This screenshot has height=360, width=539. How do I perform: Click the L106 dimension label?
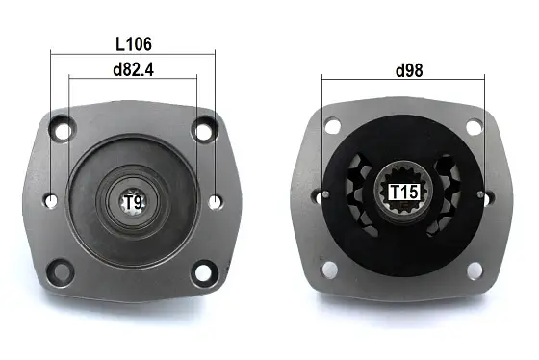tap(132, 43)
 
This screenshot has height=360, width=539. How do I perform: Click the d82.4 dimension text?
tap(132, 69)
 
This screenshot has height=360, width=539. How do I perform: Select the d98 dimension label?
tap(409, 69)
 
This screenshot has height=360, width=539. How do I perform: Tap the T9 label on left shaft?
tap(133, 202)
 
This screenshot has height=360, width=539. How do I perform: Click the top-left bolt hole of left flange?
tap(64, 127)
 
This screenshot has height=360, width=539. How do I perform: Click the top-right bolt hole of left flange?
tap(203, 128)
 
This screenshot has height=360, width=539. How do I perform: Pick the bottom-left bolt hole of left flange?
tap(63, 270)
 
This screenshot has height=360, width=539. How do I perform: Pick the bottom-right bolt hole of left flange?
tap(202, 270)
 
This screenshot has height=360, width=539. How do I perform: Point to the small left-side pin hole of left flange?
tap(51, 199)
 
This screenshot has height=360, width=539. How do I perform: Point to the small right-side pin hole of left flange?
tap(216, 200)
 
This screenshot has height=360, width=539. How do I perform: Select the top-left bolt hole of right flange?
tap(332, 125)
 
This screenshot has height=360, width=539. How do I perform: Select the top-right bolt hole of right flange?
tap(474, 125)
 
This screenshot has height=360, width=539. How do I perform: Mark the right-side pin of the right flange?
tap(484, 195)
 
